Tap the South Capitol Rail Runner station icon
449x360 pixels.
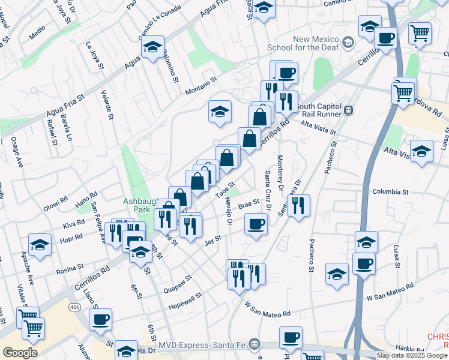[x=348, y=110]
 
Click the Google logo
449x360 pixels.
[x=20, y=353]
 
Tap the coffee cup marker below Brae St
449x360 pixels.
[x=256, y=224]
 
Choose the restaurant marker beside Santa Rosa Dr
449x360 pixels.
[x=298, y=205]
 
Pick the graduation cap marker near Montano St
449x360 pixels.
[x=220, y=111]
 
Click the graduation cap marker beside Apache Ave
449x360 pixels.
[x=40, y=244]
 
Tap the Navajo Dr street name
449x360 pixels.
[x=229, y=212]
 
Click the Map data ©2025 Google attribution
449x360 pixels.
[x=412, y=355]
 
